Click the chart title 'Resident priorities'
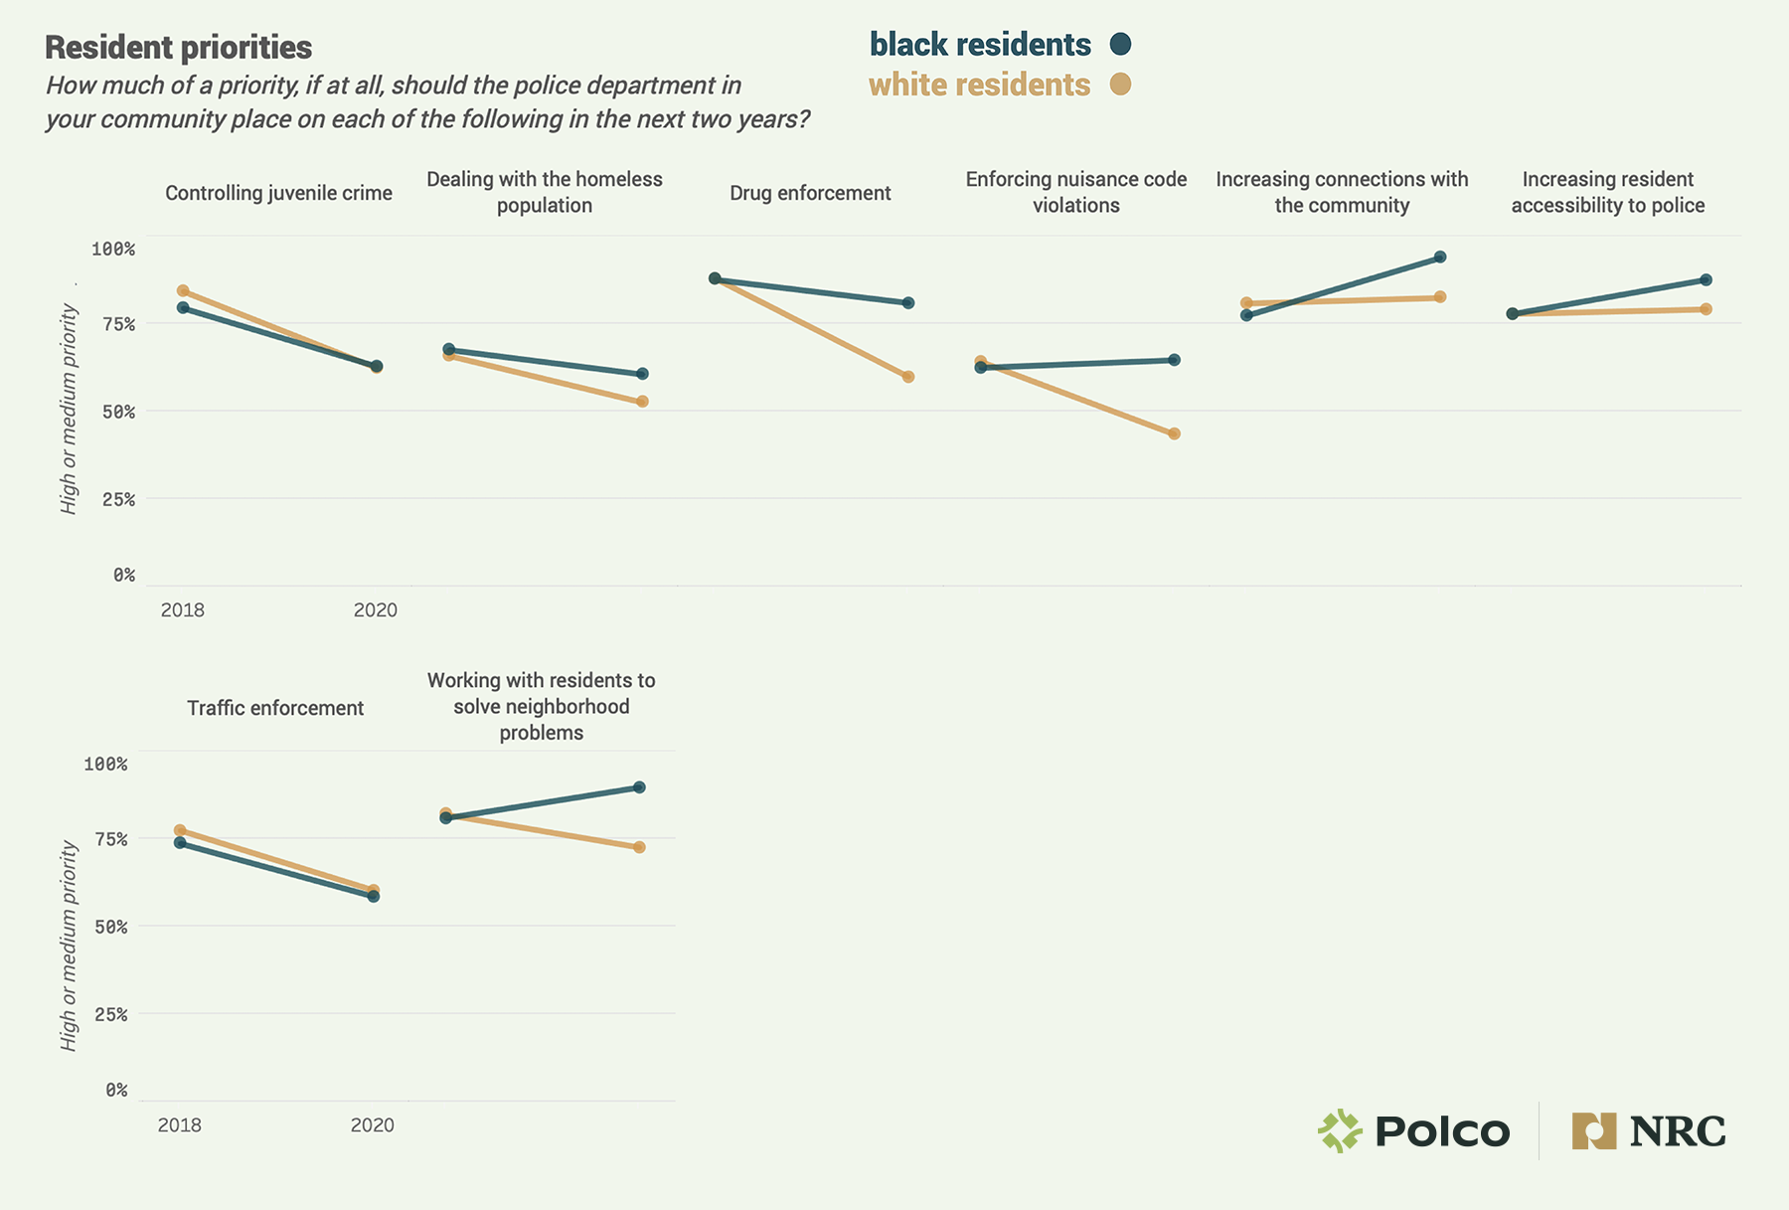tap(179, 48)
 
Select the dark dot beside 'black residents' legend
tap(1120, 44)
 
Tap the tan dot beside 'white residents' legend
tap(1120, 85)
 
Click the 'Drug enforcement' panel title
tap(810, 193)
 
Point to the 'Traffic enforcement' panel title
tap(275, 708)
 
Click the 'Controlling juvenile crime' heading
tap(278, 193)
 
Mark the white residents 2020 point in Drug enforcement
tap(908, 377)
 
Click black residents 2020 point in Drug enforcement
tap(908, 303)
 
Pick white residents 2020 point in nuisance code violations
tap(1174, 433)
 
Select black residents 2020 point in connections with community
tap(1440, 258)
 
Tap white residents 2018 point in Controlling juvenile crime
tap(183, 291)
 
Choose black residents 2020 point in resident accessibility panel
tap(1706, 280)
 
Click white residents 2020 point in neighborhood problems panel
tap(639, 847)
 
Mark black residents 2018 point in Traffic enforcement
tap(180, 843)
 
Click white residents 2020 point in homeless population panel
tap(642, 402)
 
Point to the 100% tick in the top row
tap(113, 249)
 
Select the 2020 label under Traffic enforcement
tap(373, 1124)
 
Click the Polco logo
tap(1413, 1131)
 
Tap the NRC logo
tap(1649, 1131)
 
